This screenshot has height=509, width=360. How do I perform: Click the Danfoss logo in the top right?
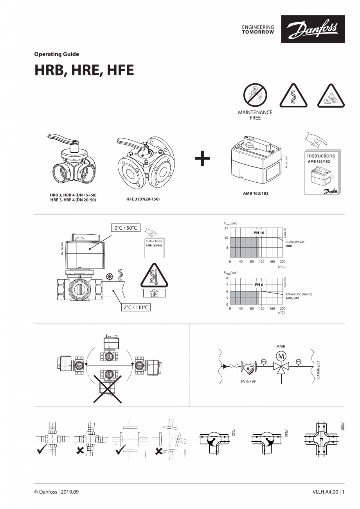pos(312,29)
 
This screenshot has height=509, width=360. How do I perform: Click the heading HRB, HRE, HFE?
pos(84,70)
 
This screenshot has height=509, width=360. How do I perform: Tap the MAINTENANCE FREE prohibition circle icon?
pos(255,95)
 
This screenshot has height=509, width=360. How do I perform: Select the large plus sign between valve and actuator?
pos(202,158)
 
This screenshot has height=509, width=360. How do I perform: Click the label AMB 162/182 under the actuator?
pos(256,193)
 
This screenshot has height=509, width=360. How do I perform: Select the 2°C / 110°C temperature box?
pos(135,307)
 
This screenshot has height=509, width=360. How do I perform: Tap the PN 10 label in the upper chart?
pos(259,233)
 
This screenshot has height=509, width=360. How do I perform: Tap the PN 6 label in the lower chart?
pos(259,284)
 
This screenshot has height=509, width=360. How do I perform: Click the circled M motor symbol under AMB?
pos(281,356)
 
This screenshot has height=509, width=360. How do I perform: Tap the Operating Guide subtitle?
pos(57,54)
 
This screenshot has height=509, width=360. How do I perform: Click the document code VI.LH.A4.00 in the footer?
pos(324,491)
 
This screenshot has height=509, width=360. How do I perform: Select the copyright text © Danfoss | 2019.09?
pos(59,491)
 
